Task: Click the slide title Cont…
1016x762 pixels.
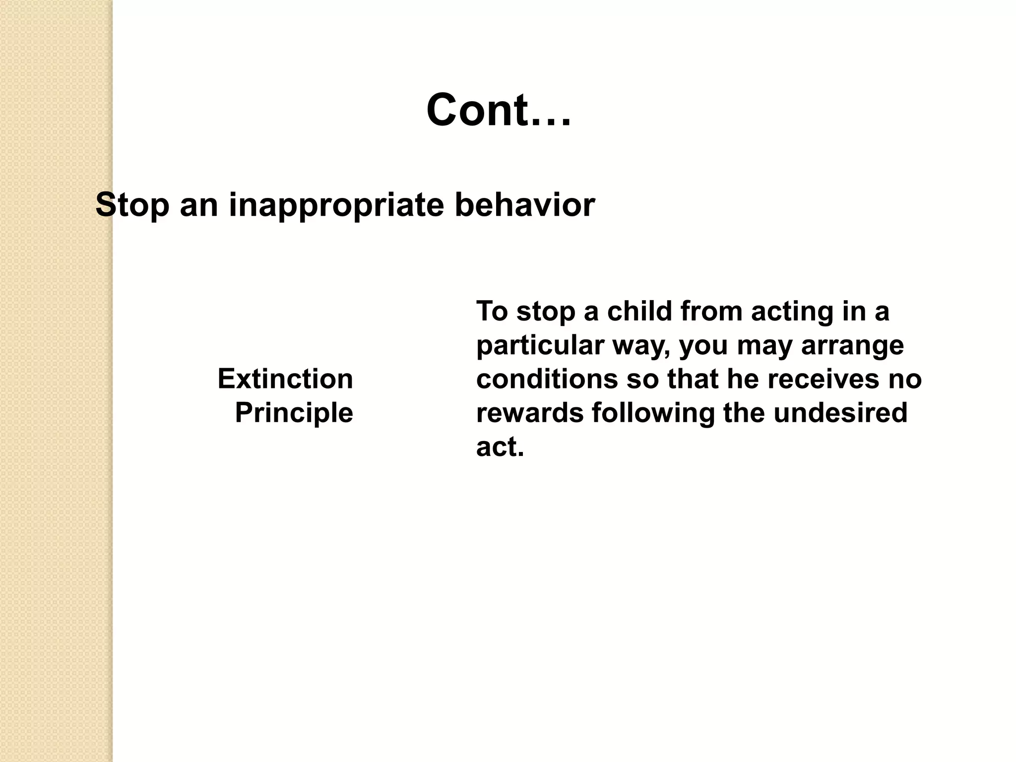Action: [499, 110]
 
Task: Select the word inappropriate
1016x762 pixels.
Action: [336, 204]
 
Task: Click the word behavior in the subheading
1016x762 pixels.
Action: [525, 204]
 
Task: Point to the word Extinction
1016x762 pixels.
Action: [285, 379]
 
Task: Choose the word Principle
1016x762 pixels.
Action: [294, 413]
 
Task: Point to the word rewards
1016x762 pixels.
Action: [530, 413]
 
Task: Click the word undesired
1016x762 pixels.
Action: [840, 413]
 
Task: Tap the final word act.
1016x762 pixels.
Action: [500, 446]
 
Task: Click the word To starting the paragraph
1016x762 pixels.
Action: [492, 312]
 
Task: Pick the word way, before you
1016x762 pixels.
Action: [642, 346]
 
